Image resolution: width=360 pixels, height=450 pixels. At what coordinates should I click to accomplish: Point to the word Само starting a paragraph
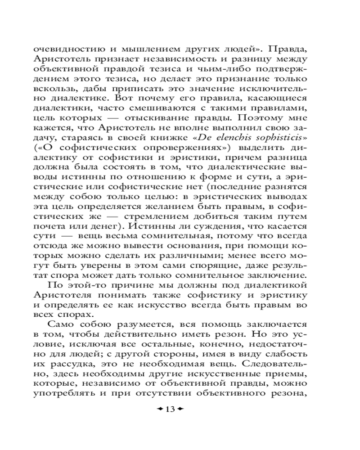click(x=63, y=324)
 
